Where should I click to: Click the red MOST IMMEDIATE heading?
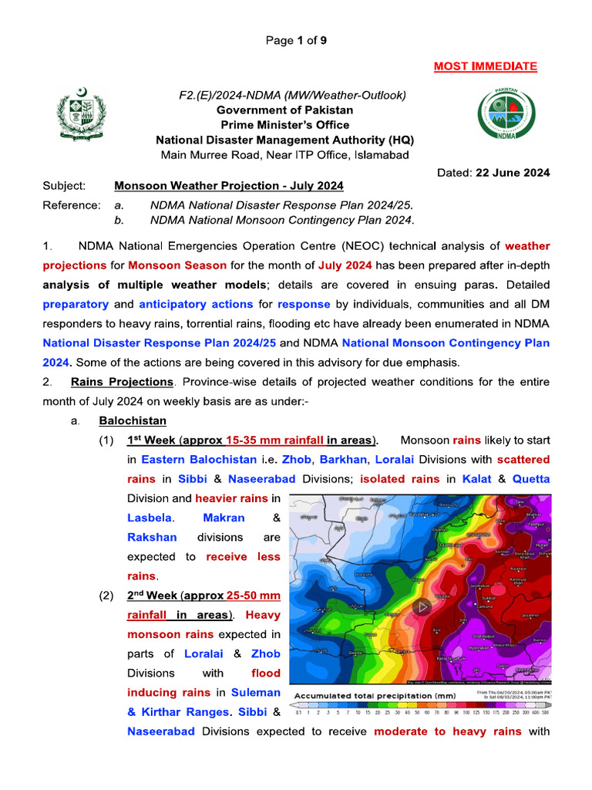click(486, 66)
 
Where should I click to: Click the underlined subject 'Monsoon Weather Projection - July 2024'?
click(229, 186)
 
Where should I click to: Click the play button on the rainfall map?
click(422, 606)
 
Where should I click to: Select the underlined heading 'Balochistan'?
click(132, 420)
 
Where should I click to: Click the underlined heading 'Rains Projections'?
click(122, 382)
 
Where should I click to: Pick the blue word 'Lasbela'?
click(151, 518)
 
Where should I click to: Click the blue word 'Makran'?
click(224, 518)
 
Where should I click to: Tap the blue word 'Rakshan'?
click(152, 537)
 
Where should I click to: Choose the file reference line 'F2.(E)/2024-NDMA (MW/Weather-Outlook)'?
click(292, 95)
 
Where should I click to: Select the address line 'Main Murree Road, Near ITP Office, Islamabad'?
click(285, 154)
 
